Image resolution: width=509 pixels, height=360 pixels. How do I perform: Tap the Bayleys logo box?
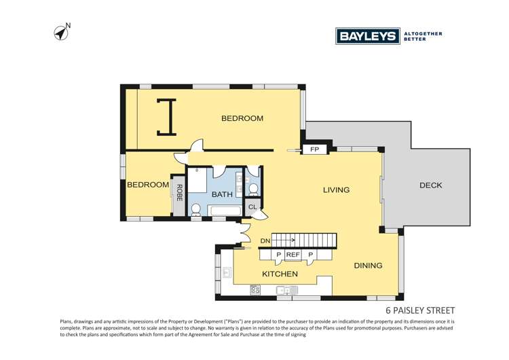367,36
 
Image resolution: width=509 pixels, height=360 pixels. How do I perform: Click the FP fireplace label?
314,149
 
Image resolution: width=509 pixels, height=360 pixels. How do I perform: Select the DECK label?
430,185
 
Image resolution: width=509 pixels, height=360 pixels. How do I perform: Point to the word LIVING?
336,190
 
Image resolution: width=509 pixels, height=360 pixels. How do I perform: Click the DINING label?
368,266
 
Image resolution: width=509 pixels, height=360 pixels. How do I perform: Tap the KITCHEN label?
280,274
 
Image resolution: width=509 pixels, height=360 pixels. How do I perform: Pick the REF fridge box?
293,255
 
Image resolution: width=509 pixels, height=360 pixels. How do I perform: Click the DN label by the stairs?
265,240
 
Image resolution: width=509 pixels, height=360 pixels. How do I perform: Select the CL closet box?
252,207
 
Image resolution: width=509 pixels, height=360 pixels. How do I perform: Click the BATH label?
222,195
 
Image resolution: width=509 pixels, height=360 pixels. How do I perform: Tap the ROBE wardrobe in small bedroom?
179,194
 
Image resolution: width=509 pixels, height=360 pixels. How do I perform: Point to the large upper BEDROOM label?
242,119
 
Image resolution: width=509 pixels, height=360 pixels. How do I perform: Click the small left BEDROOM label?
148,185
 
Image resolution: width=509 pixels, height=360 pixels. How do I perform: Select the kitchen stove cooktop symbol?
255,289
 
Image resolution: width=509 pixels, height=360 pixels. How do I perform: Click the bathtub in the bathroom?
225,211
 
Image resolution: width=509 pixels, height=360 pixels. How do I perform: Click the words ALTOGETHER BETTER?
423,36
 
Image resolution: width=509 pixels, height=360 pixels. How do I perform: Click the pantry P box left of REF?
278,255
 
